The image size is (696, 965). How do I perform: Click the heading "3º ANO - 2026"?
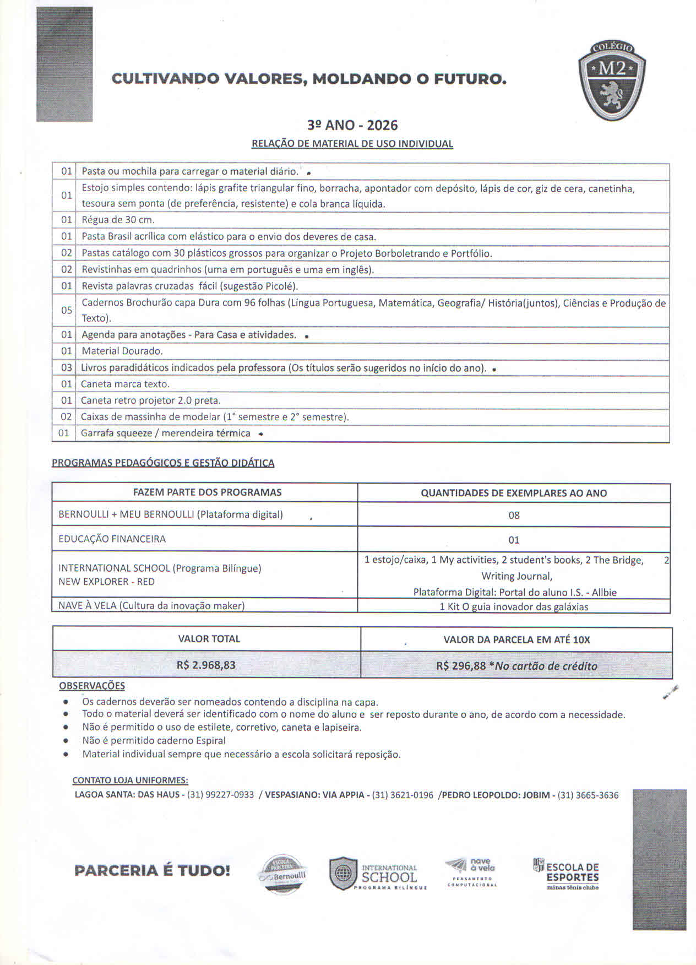point(352,126)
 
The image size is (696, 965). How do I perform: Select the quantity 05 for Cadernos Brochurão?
point(66,310)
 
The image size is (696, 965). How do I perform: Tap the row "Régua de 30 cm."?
point(118,220)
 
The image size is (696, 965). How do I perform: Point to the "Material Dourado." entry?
point(122,351)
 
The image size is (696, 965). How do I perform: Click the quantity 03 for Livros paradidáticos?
point(66,367)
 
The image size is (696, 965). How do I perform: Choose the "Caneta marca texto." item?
point(125,384)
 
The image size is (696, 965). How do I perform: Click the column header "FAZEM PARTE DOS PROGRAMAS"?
point(207,492)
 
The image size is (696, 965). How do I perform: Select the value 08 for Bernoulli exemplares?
point(514,516)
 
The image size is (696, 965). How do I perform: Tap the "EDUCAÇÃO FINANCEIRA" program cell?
point(112,539)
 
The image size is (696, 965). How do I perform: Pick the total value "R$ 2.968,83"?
point(206,665)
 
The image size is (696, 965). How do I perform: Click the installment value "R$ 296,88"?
point(461,665)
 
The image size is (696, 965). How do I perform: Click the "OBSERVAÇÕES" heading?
point(92,686)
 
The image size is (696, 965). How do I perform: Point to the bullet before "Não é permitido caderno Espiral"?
point(66,741)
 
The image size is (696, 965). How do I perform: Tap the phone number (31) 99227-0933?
point(220,795)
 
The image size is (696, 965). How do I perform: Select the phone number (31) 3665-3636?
point(588,795)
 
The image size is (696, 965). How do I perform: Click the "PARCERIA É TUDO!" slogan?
point(152,871)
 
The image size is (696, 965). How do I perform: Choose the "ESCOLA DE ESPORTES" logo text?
point(572,872)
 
